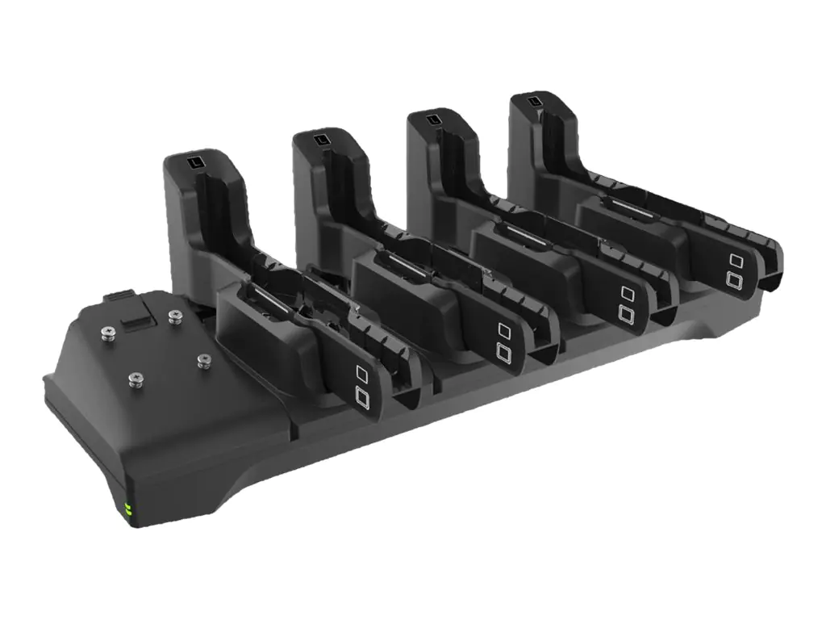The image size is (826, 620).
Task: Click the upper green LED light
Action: [x=127, y=507]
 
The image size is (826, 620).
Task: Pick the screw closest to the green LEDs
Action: [x=136, y=377]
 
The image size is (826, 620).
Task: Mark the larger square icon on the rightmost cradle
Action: [x=735, y=279]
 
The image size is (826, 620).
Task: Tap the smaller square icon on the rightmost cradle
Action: [x=735, y=260]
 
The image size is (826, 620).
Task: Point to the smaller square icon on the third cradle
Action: [x=626, y=292]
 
